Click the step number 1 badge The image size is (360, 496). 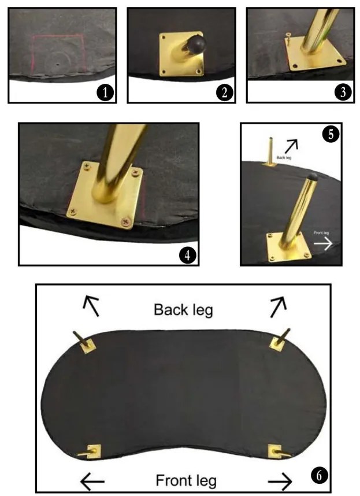(x=105, y=92)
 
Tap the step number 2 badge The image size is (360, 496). (x=224, y=92)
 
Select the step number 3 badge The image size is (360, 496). (x=343, y=92)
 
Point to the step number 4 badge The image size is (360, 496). (x=188, y=255)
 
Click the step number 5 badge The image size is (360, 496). (x=331, y=134)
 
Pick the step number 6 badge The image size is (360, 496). (x=319, y=475)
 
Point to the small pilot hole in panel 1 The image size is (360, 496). (x=58, y=64)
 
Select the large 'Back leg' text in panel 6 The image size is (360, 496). (x=183, y=310)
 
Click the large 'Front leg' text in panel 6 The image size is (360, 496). (x=186, y=480)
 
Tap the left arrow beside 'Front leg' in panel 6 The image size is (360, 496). (x=92, y=482)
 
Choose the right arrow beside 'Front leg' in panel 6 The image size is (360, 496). (x=280, y=482)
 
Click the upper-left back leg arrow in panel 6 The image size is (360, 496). (x=92, y=306)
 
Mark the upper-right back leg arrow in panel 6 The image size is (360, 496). (x=278, y=306)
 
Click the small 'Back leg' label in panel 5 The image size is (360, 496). (x=284, y=157)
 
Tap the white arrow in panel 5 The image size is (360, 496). (x=322, y=243)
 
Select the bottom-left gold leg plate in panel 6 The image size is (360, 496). (x=94, y=451)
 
